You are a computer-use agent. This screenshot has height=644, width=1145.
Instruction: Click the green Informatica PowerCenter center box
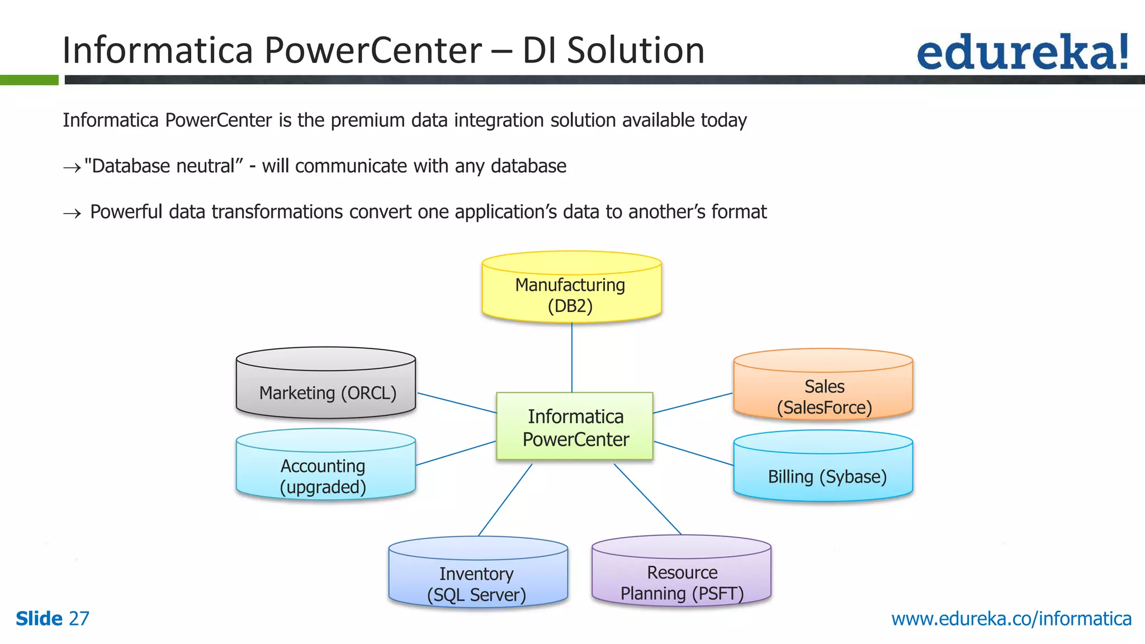coord(575,427)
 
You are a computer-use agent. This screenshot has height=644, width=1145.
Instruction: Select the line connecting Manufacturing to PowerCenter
coord(571,358)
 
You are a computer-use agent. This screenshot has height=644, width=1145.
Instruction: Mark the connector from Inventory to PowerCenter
coord(505,500)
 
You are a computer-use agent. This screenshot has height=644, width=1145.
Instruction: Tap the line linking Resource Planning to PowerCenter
coord(647,499)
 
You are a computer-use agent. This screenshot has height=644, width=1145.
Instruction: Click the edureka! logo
coord(1022,51)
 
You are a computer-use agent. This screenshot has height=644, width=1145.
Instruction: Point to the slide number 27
coord(79,619)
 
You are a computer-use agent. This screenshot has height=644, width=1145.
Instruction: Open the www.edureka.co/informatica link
coord(1011,619)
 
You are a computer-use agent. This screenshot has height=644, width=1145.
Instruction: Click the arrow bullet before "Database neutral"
coord(72,167)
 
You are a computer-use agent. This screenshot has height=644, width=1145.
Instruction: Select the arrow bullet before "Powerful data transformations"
coord(72,213)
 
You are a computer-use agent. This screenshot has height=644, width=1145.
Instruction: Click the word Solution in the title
coord(636,50)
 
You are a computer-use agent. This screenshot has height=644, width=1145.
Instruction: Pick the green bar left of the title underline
coord(29,80)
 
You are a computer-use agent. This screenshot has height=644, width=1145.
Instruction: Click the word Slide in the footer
coord(39,619)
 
